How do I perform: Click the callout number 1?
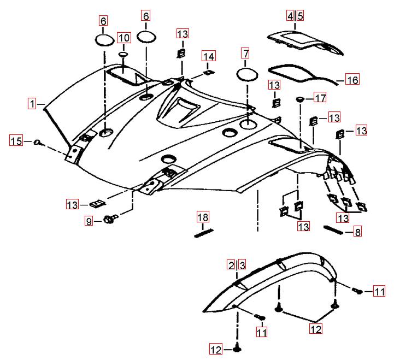click(x=33, y=103)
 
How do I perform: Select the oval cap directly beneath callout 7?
click(x=246, y=74)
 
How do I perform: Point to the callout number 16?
click(x=352, y=80)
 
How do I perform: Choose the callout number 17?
click(x=320, y=98)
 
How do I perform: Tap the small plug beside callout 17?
click(x=300, y=98)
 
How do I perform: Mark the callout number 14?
click(x=209, y=56)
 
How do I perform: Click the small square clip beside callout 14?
click(x=208, y=72)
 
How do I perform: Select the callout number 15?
click(x=16, y=141)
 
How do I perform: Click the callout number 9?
click(x=89, y=221)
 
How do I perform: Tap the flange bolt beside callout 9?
click(x=108, y=220)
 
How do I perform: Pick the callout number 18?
click(x=203, y=217)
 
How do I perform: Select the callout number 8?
click(x=357, y=232)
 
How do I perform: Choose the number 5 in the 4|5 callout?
click(x=300, y=16)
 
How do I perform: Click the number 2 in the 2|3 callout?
click(x=232, y=265)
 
